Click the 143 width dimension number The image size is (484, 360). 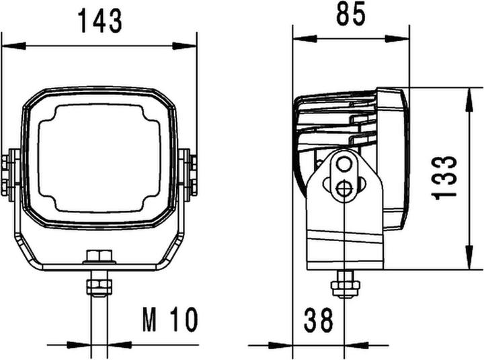pos(99,21)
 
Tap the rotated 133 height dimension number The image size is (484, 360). pos(445,177)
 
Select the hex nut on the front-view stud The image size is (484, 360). pos(99,287)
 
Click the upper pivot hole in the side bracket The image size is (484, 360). pos(344,165)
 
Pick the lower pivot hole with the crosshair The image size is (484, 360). pos(344,189)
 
